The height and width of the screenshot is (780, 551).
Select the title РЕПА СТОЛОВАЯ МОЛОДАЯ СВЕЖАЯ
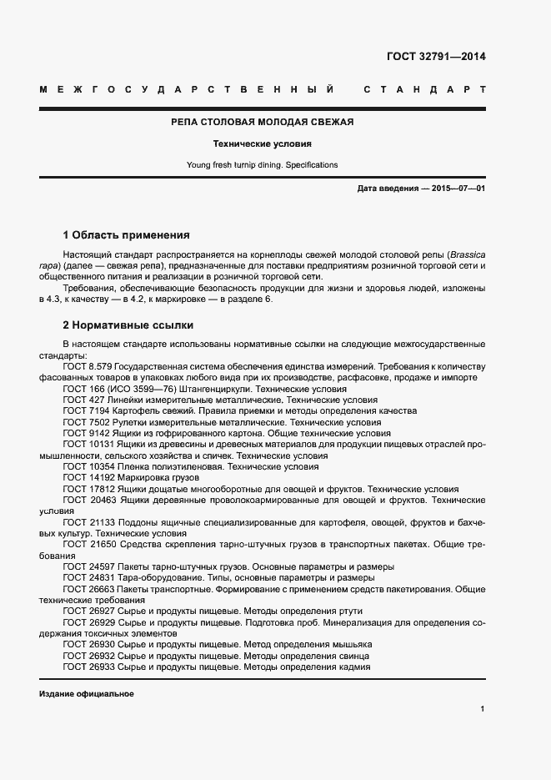point(263,122)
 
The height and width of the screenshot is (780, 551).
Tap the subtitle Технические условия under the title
point(263,143)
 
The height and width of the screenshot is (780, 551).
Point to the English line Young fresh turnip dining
point(234,165)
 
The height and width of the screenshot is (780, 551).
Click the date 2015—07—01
point(458,189)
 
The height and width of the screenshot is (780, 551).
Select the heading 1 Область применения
point(127,235)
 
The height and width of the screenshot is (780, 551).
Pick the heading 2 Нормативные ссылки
point(128,325)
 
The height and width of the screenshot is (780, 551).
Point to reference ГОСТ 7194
point(86,411)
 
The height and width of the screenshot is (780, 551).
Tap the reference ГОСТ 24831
point(88,577)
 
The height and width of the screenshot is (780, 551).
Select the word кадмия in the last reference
point(353,667)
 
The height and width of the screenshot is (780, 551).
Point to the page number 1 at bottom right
point(483,709)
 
